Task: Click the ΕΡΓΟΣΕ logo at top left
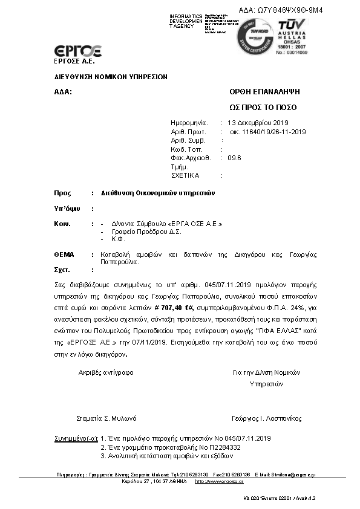77,50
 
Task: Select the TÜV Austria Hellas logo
293,34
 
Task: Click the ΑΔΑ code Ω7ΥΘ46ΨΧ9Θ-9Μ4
290,10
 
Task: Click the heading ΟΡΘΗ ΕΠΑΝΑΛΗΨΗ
264,92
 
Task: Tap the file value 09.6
234,158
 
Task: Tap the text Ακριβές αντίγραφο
106,372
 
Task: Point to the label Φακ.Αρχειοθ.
191,158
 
